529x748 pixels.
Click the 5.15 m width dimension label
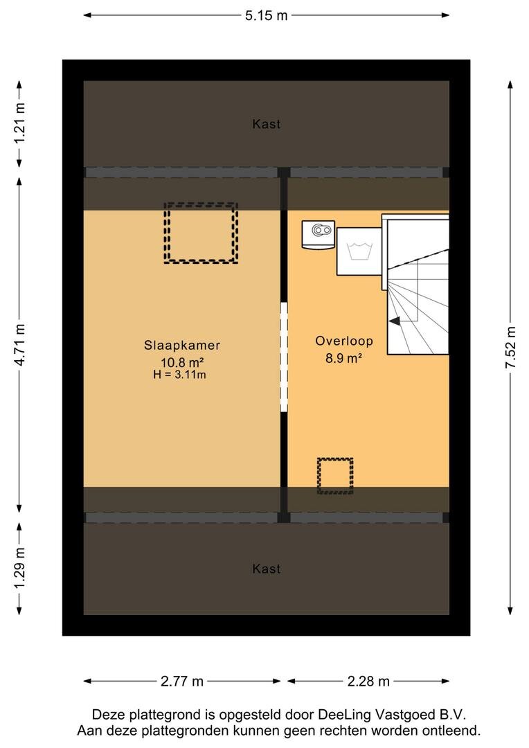pos(266,15)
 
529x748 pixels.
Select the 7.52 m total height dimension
pos(510,347)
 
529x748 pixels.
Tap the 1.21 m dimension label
pos(19,123)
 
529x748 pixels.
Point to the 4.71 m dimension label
pos(19,344)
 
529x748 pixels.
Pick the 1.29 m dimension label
pos(19,568)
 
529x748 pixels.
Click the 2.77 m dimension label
pos(181,682)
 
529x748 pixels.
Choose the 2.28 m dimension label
pos(368,682)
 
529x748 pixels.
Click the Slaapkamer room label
pos(181,345)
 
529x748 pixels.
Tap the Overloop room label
pos(344,341)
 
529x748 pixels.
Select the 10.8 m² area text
pos(182,362)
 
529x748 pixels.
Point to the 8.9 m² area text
pos(343,358)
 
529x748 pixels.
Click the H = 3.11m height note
pos(179,375)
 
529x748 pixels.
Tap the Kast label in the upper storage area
pos(266,124)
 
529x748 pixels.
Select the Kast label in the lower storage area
pos(266,569)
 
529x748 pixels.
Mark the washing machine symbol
pos(359,251)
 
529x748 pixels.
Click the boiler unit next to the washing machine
pos(319,234)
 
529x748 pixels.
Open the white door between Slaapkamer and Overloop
pos(284,357)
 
